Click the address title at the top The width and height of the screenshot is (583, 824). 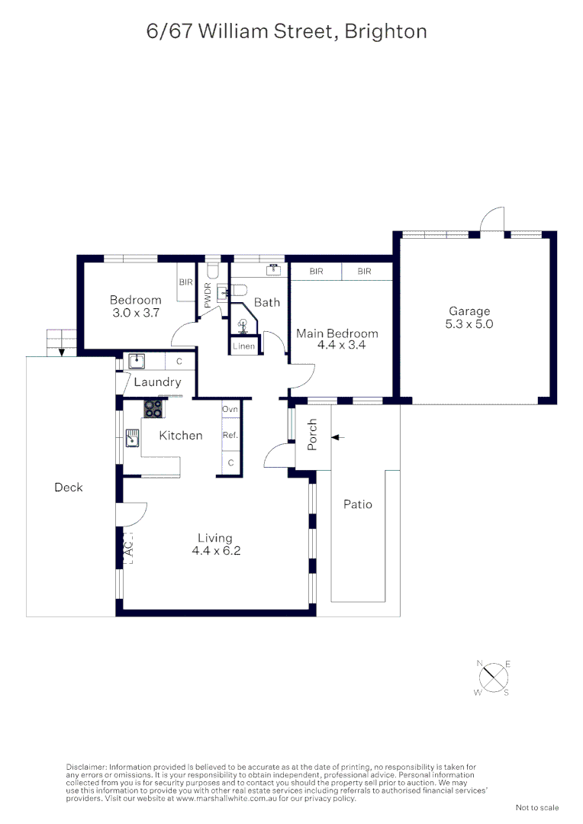286,32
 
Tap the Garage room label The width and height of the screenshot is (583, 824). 469,311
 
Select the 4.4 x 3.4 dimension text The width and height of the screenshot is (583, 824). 337,345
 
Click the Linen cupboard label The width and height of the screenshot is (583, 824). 244,346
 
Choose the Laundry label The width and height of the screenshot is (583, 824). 158,382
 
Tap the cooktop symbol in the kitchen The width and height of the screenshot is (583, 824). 153,409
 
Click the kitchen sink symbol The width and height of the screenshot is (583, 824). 133,437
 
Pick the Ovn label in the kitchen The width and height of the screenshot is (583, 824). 230,410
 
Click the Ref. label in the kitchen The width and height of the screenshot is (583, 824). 230,435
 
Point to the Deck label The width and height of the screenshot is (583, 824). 69,488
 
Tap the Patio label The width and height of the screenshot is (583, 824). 357,504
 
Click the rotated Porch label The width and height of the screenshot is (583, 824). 312,434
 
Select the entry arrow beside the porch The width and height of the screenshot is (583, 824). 338,437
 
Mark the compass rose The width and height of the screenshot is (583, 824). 494,678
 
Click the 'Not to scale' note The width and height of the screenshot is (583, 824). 537,807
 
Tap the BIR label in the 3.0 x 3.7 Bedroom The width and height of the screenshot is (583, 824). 186,282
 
